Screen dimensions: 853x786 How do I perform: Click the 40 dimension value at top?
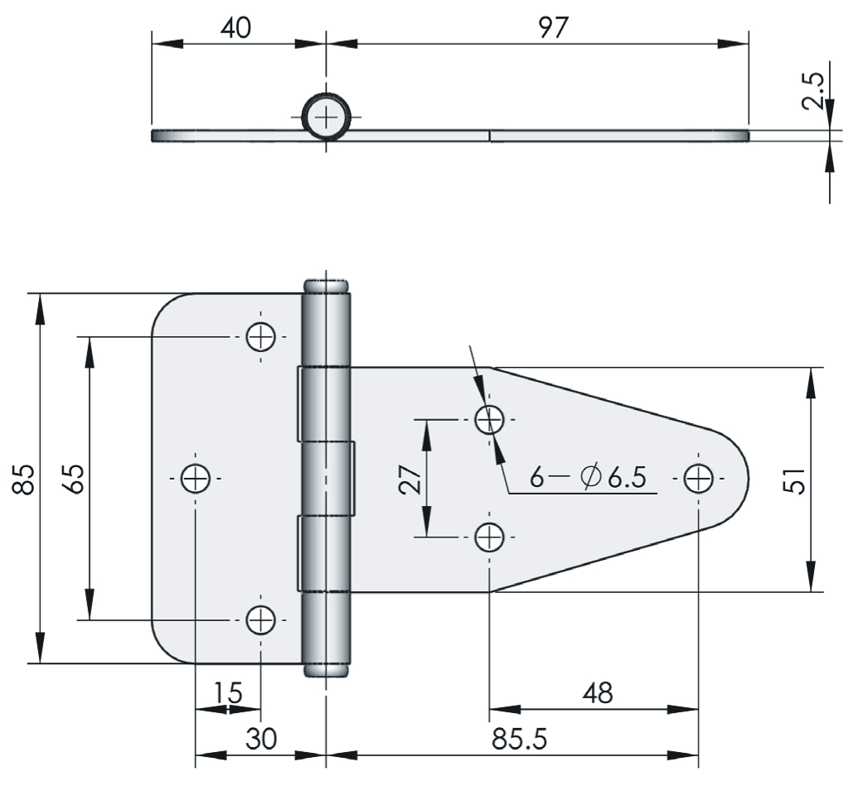235,27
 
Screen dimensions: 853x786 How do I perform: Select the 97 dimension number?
553,27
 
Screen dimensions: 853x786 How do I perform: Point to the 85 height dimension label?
25,479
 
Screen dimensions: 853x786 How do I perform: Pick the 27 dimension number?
411,479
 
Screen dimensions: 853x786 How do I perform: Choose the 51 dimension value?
797,480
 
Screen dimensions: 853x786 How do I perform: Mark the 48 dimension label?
598,693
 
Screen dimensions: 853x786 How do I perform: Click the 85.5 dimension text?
520,739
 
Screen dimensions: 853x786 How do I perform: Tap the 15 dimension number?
227,692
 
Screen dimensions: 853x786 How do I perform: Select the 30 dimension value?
261,739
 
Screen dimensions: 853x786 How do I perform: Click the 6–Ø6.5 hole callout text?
588,478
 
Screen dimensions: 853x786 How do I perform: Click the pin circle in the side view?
327,117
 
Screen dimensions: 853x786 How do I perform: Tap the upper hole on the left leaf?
260,337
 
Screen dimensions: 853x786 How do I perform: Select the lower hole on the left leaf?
260,620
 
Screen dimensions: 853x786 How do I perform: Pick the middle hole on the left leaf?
196,479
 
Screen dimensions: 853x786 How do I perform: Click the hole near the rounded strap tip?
698,479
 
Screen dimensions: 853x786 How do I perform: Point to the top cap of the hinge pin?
327,287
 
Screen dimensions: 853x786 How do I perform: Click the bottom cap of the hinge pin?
327,670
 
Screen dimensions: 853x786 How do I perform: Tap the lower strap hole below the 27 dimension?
490,537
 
